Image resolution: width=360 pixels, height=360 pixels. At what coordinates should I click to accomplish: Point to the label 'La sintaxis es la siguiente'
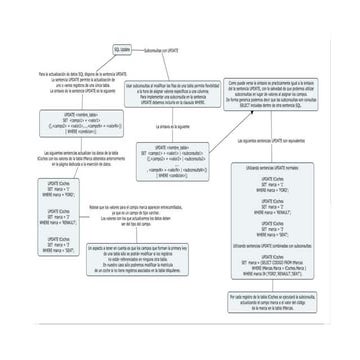click(x=173, y=127)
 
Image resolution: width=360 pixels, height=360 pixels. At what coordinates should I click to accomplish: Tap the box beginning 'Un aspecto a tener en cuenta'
click(x=160, y=264)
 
